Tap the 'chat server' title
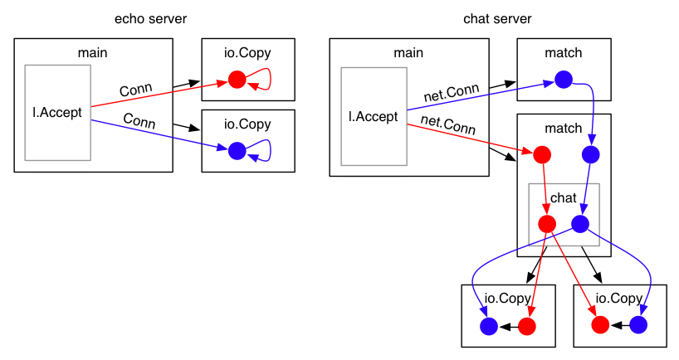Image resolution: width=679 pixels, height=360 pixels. [x=497, y=19]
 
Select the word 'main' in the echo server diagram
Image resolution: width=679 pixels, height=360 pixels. [x=93, y=53]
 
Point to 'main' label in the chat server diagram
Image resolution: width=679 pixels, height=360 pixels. [x=408, y=53]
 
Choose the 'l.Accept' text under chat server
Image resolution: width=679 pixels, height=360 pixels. [x=374, y=116]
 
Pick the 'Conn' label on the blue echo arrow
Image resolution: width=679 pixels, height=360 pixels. [x=139, y=119]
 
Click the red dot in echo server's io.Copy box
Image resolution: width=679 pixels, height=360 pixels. [x=237, y=80]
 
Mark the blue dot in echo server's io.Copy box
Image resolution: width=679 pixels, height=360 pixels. [x=237, y=150]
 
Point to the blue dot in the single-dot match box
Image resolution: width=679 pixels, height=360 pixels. [x=564, y=80]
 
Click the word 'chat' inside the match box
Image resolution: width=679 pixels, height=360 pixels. [x=564, y=197]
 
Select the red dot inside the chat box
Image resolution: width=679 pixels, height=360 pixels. [x=547, y=223]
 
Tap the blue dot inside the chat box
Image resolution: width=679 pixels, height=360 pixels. [x=580, y=223]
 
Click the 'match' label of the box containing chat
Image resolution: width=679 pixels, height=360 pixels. [x=564, y=129]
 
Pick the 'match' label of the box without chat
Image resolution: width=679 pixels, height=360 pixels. [x=564, y=53]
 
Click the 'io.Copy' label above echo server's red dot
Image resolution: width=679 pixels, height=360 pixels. [x=247, y=53]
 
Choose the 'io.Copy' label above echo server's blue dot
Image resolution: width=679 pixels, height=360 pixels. [x=247, y=124]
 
